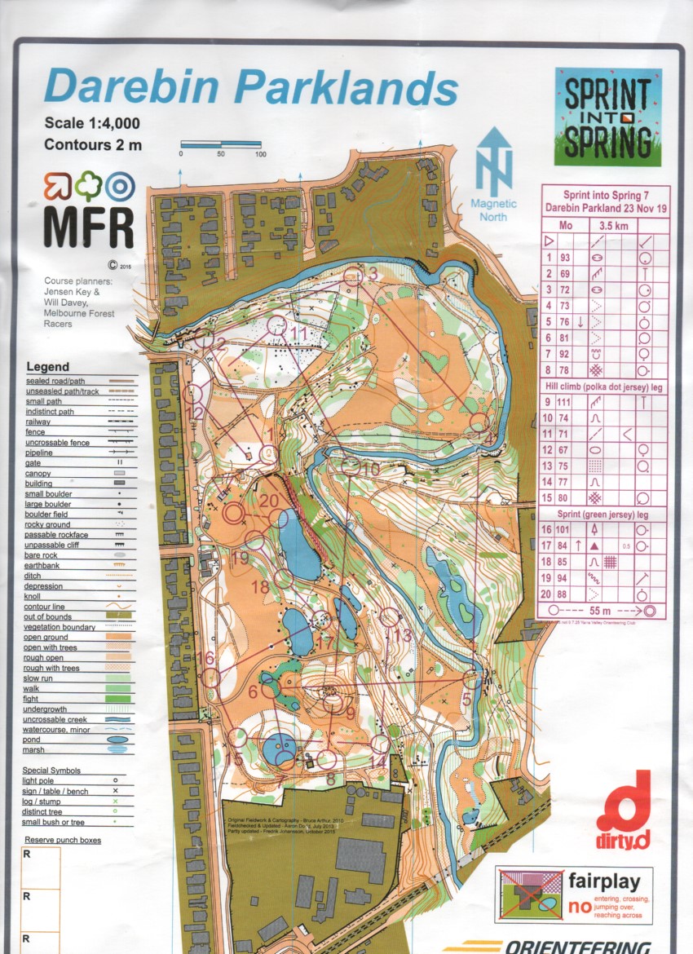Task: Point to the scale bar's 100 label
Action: click(260, 154)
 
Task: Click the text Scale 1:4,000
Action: click(92, 123)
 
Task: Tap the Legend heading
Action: click(48, 367)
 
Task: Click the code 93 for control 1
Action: click(566, 258)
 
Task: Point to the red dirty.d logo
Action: click(624, 803)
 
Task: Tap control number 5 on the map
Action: click(466, 699)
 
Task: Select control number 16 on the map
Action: click(205, 658)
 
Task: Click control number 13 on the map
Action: click(401, 635)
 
